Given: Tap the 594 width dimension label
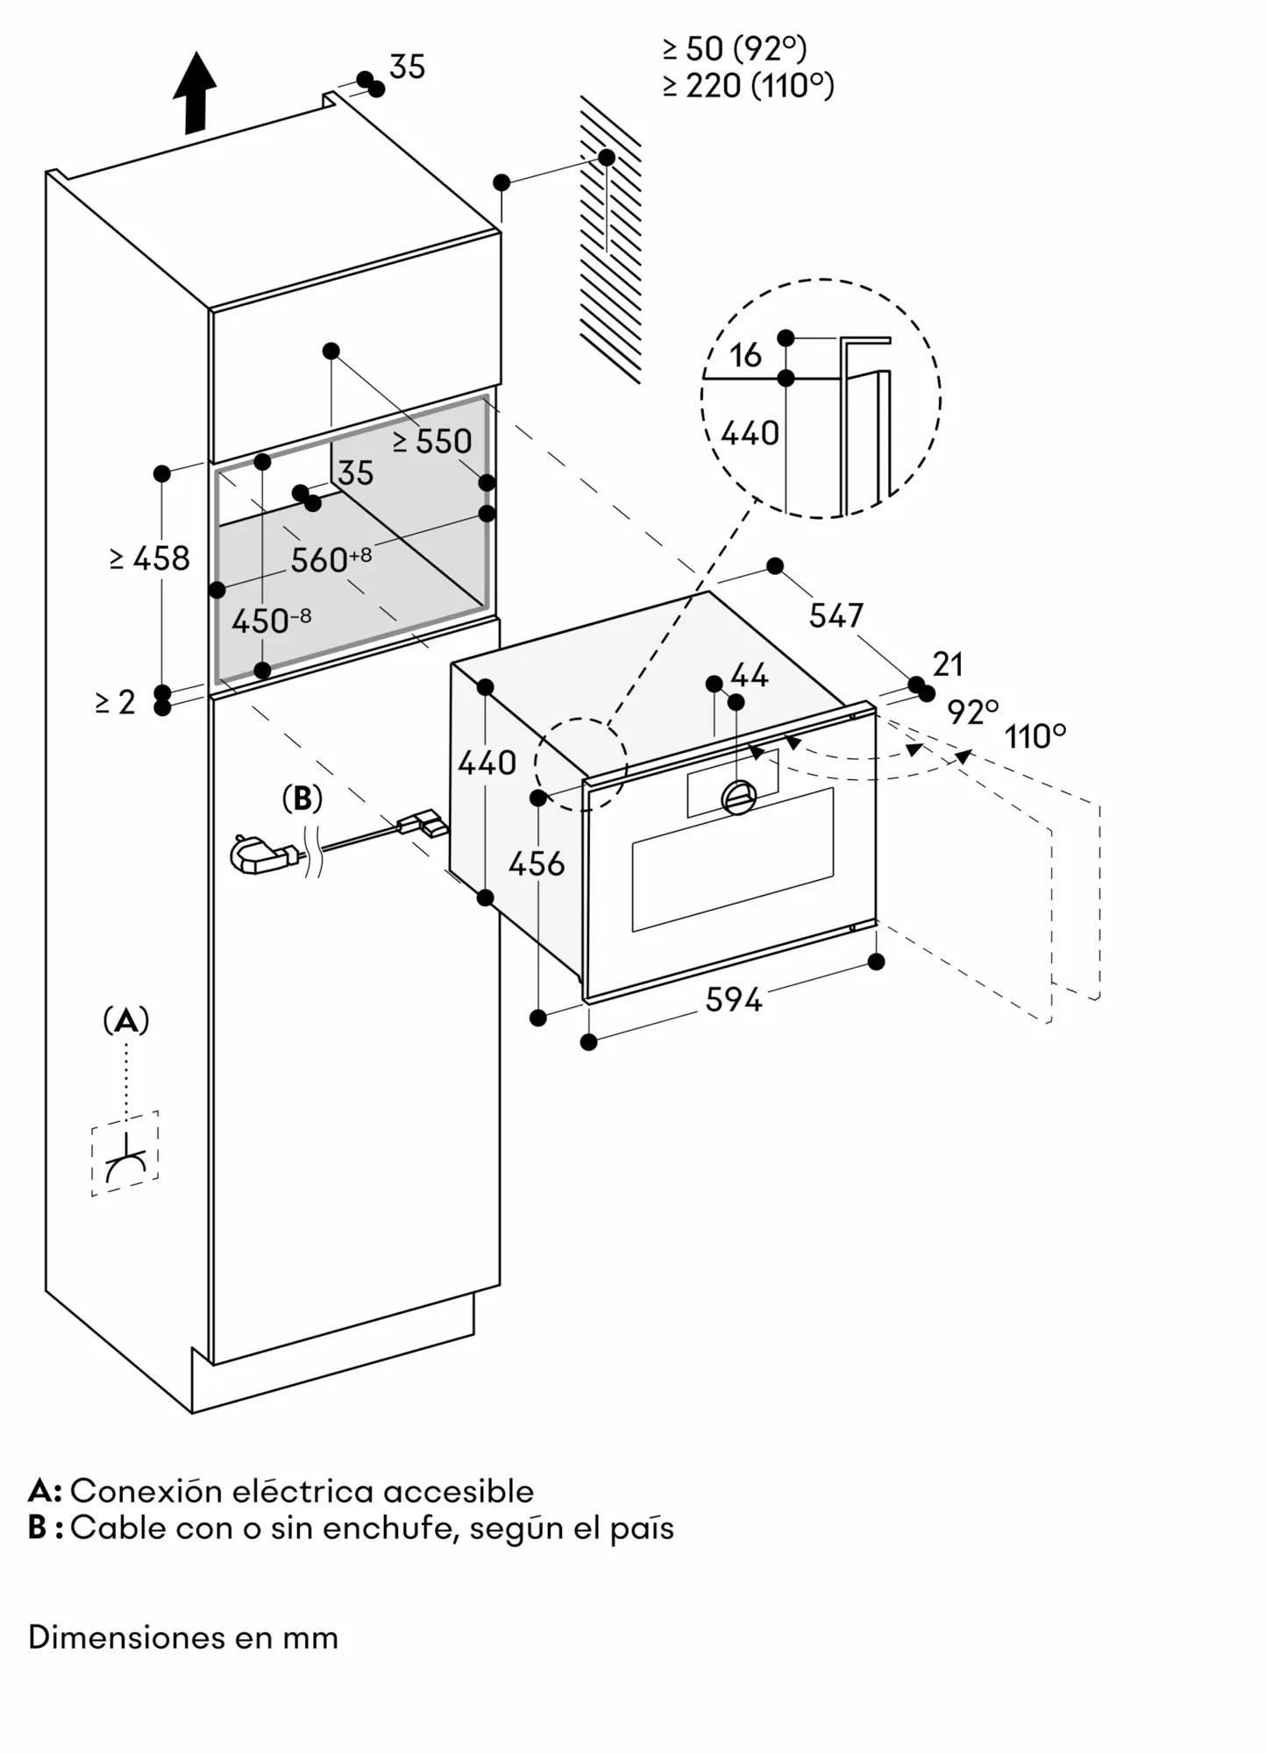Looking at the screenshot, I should (734, 999).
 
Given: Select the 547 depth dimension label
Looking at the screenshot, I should (836, 615).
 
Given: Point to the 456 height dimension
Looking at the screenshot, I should (537, 864).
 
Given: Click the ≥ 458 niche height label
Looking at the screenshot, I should (150, 558).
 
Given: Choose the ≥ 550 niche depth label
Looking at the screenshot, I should (432, 441).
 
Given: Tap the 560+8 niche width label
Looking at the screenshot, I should (331, 559).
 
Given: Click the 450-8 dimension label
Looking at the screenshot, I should (271, 621).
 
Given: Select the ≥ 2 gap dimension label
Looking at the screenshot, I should (116, 702).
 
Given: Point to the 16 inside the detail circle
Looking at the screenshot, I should (745, 355).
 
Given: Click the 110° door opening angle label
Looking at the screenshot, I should (1035, 736).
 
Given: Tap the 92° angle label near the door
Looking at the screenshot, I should (972, 712).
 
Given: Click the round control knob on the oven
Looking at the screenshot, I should (738, 796).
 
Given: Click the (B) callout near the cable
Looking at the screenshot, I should (302, 798).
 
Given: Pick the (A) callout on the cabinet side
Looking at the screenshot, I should (126, 1020).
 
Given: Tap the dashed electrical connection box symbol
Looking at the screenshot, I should (124, 1153).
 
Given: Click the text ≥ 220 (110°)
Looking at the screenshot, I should (748, 86).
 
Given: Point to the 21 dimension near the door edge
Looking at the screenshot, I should (948, 664).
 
